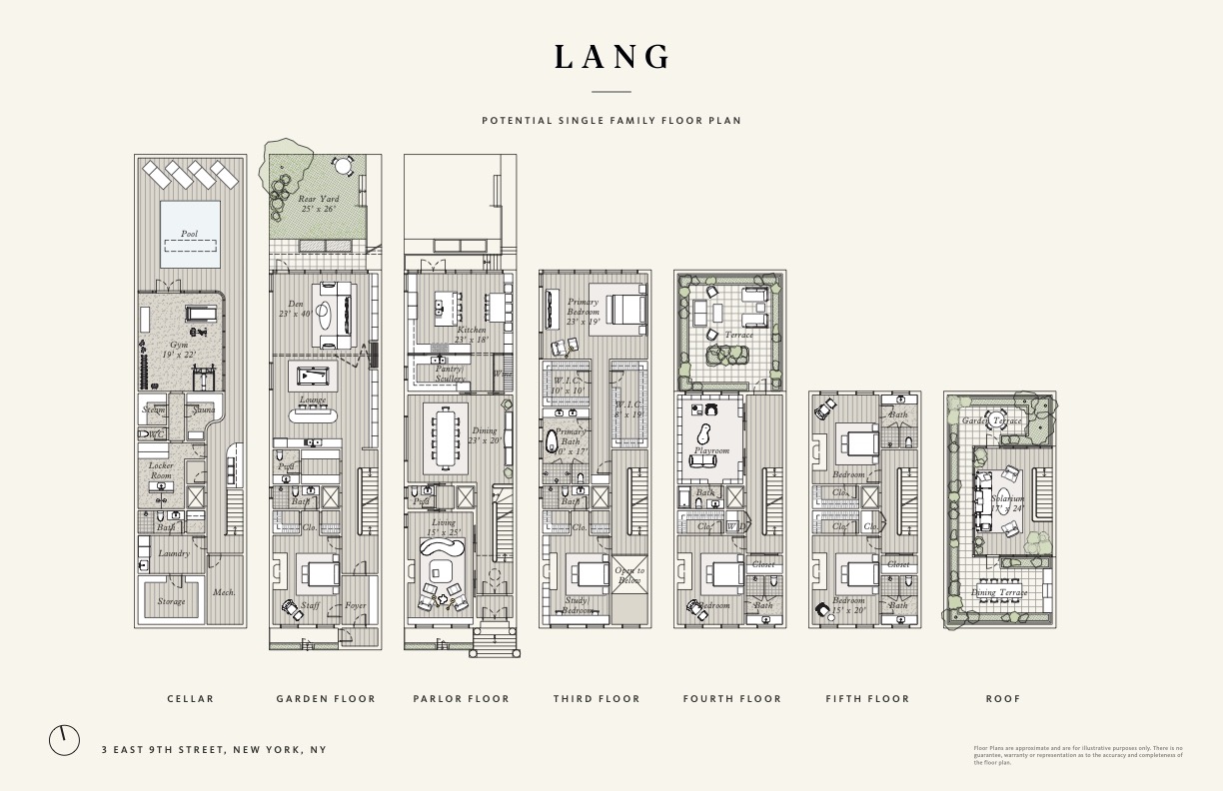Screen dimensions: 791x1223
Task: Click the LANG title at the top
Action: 611,57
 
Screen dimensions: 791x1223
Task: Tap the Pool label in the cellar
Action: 189,234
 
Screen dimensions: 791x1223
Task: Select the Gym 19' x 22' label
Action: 178,350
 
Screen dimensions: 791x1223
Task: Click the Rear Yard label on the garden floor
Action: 318,204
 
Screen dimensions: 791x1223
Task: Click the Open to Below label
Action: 629,575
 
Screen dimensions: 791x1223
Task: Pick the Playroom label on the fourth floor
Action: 711,450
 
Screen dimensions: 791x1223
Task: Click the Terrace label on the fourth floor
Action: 738,336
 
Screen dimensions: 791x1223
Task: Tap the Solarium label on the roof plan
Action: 1008,502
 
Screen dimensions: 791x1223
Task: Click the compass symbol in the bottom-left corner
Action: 64,740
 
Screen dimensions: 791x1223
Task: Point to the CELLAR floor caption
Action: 190,699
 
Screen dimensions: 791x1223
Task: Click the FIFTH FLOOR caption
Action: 867,699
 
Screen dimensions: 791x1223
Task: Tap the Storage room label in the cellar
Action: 171,601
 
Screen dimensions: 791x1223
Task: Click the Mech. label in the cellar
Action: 224,592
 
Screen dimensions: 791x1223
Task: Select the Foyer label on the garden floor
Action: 356,605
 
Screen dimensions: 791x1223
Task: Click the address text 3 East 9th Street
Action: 214,749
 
